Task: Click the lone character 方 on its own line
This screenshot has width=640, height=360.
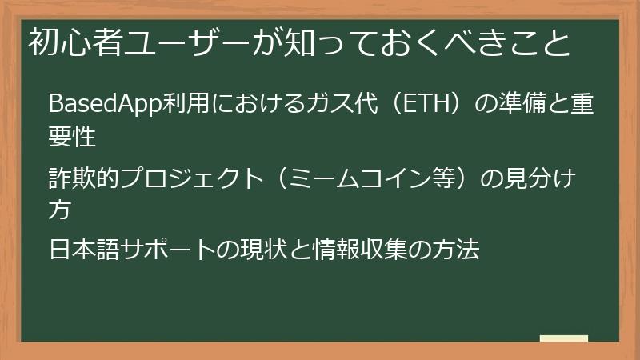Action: pos(60,210)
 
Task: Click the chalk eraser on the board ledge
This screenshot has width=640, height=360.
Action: pos(563,338)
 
